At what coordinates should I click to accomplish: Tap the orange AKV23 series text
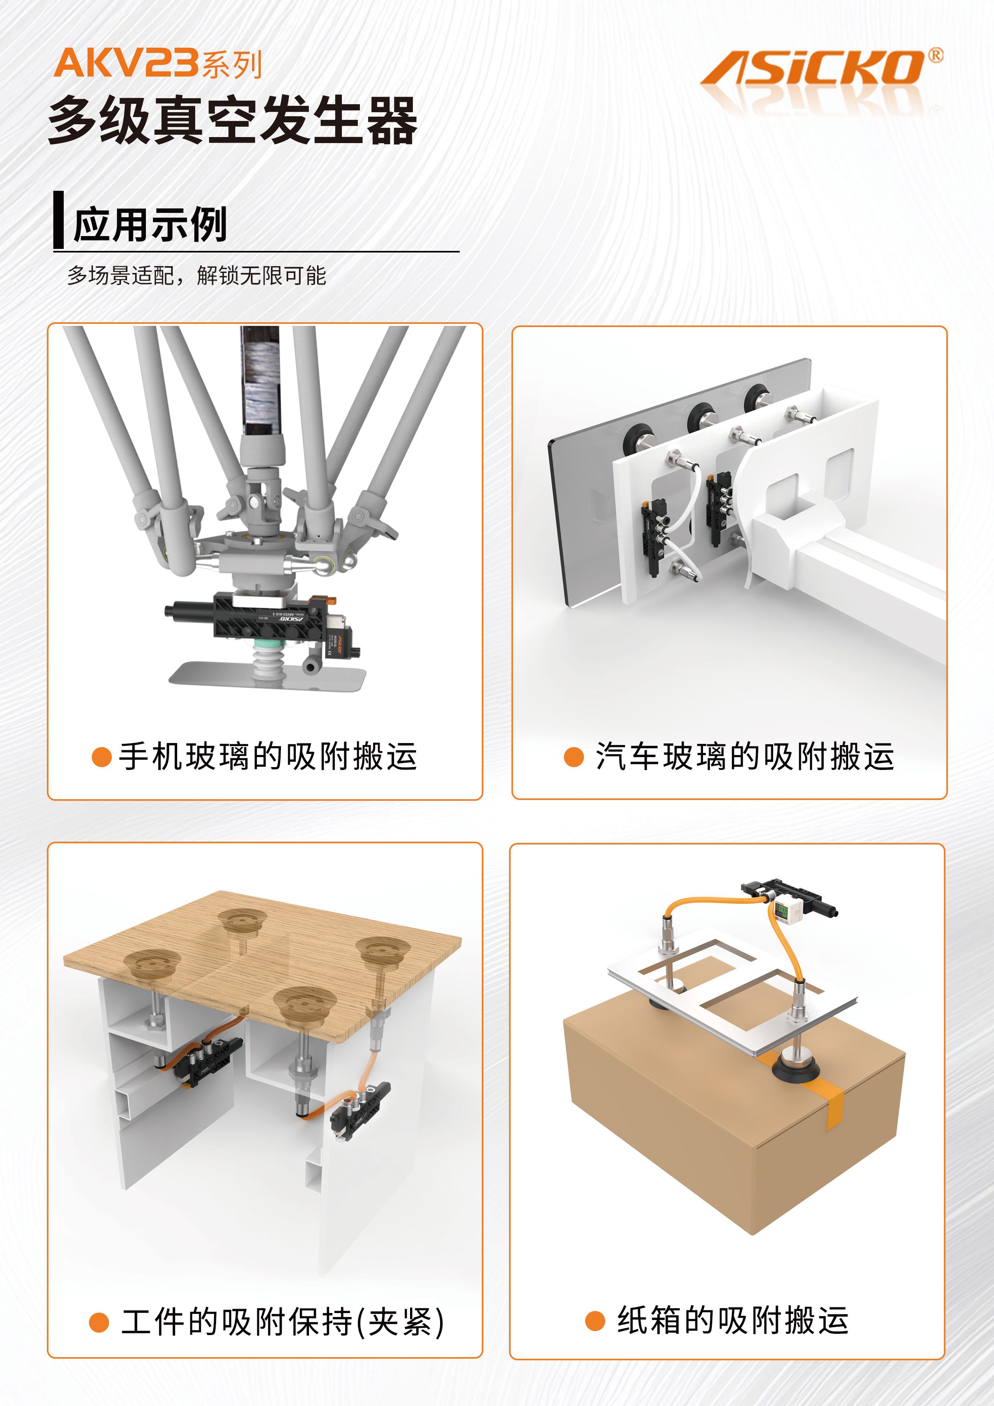coord(158,64)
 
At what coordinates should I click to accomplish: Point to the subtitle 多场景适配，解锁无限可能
coord(196,276)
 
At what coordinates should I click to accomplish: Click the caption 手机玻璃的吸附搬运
coord(268,756)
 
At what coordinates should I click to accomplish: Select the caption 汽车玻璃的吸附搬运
coord(745,756)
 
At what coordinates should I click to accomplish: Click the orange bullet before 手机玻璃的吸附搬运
coord(101,757)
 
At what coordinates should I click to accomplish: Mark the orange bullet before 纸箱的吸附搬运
coord(595,1321)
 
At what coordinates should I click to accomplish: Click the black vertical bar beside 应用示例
coord(59,219)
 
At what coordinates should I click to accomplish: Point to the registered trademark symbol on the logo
coord(936,55)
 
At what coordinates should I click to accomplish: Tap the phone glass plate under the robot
coord(268,676)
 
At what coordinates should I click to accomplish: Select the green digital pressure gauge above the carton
coord(783,911)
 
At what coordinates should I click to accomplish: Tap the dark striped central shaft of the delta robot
coord(260,380)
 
